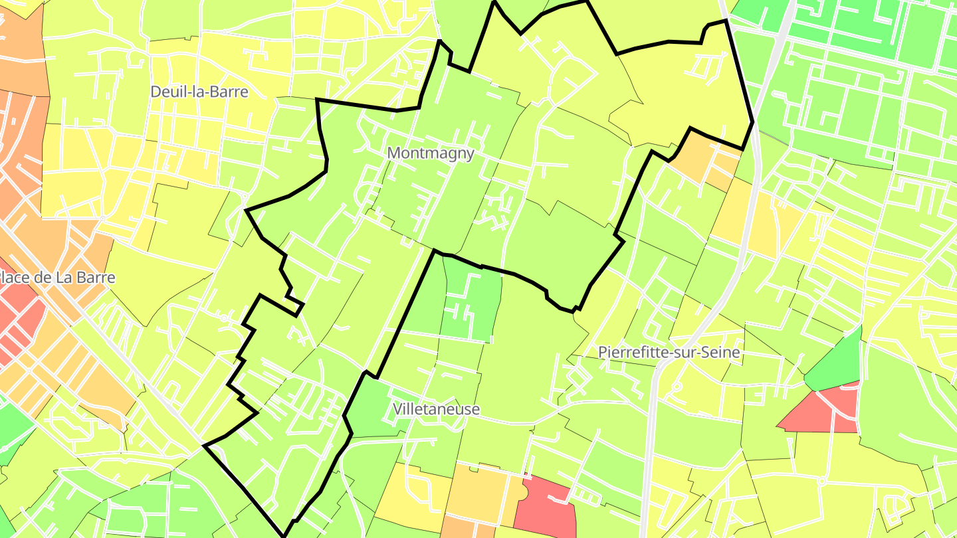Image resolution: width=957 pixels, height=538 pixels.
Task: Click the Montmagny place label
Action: coord(431,153)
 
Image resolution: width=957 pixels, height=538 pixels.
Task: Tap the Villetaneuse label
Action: coord(436,409)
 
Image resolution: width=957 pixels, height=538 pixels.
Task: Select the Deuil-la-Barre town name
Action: coord(199,92)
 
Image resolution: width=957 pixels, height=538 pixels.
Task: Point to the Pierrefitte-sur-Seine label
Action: coord(669,352)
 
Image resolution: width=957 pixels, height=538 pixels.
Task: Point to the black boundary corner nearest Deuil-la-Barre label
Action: coord(317,100)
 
